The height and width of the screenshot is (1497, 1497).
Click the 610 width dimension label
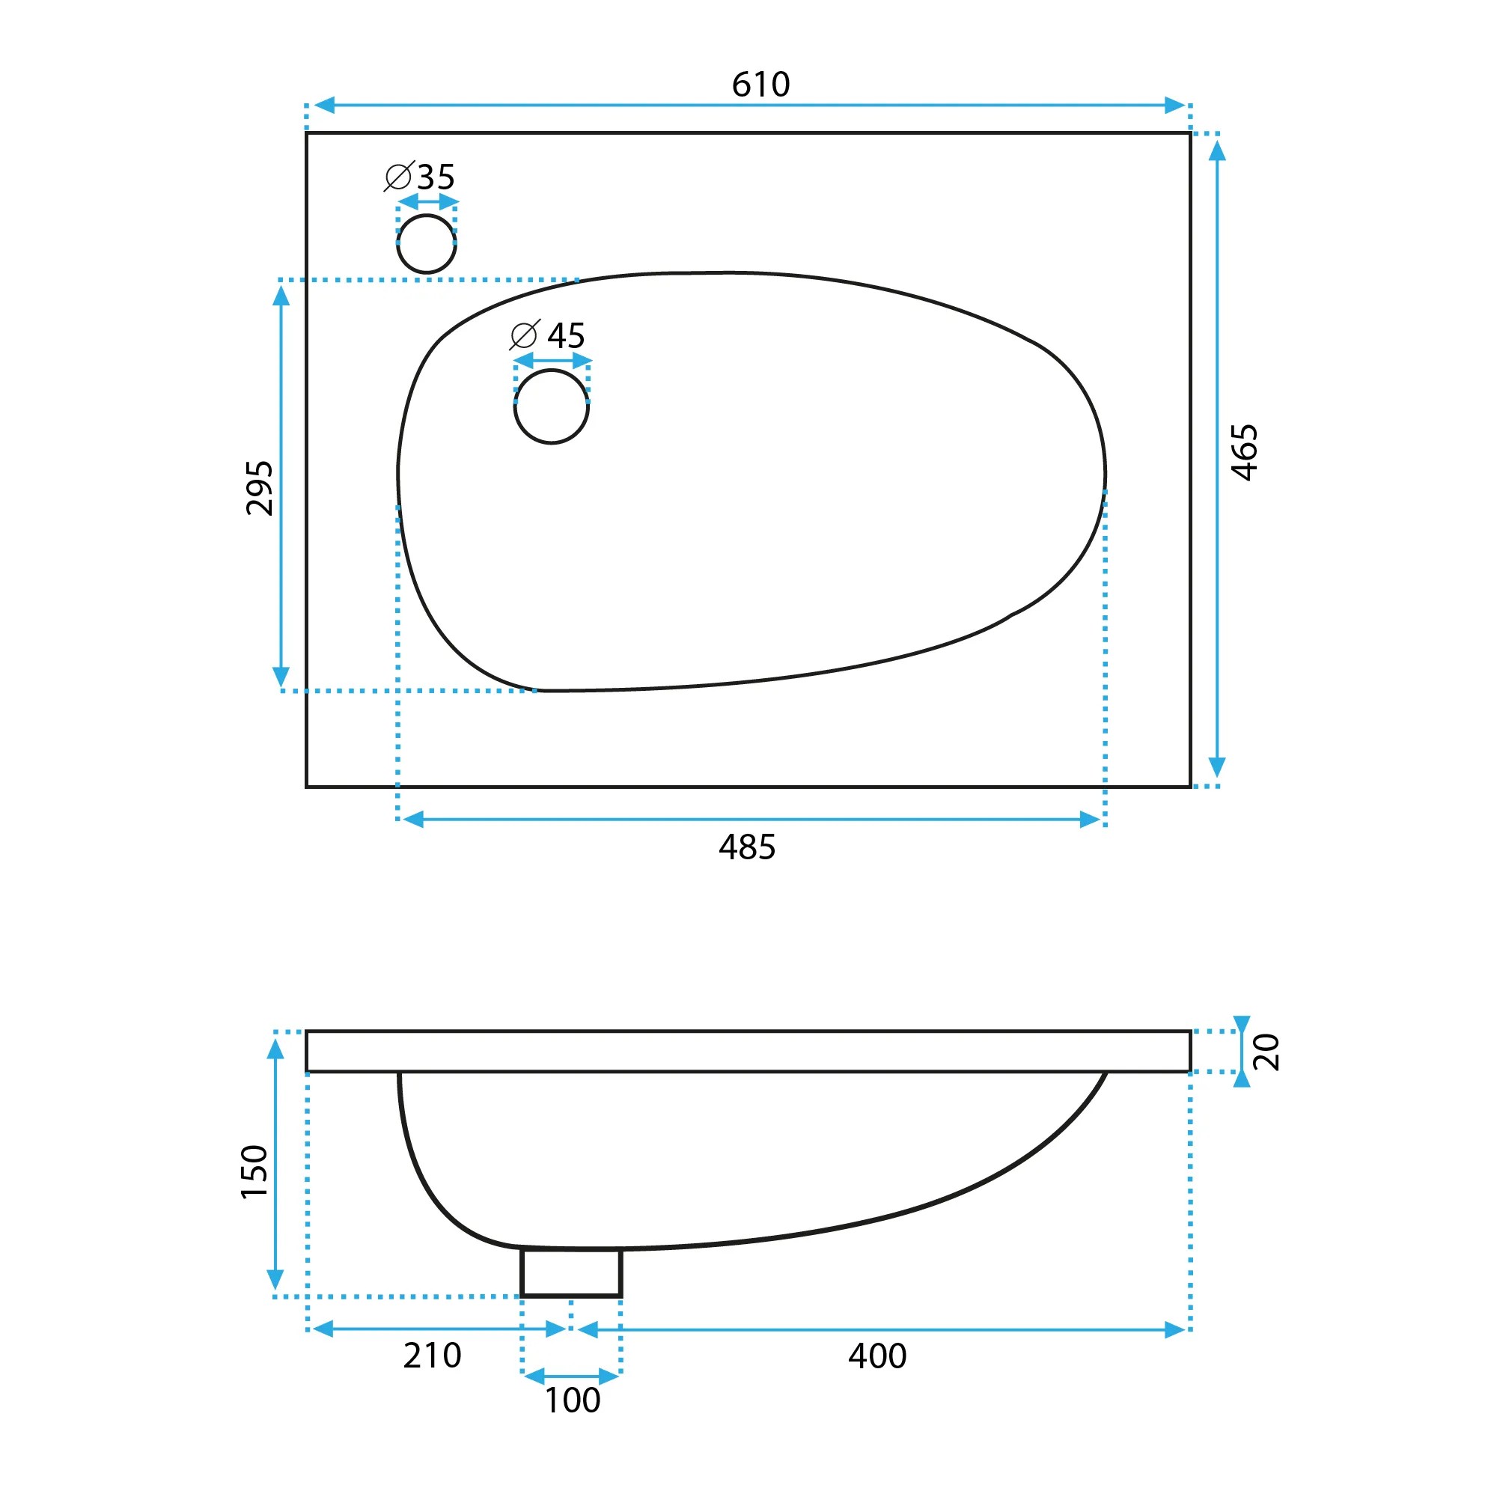tap(760, 85)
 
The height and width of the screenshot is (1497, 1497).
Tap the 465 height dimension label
tap(1245, 453)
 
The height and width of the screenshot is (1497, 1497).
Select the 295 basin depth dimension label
tap(260, 488)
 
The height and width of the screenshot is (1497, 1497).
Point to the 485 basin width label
tap(747, 847)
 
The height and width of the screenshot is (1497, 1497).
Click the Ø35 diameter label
tap(420, 177)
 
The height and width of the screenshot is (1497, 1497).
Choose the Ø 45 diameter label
tap(547, 335)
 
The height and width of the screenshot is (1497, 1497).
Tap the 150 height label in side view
tap(254, 1171)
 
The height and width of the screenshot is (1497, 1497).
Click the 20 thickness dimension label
tap(1266, 1052)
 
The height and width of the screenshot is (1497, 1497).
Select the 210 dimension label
tap(433, 1356)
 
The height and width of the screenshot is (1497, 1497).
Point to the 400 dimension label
tap(877, 1356)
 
